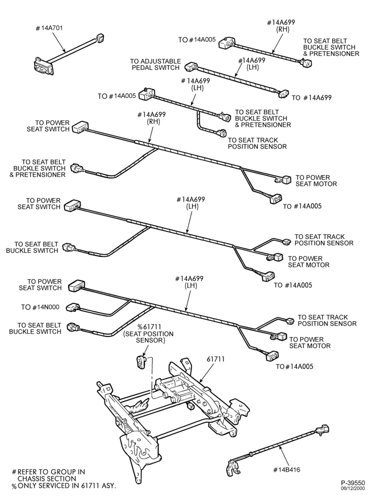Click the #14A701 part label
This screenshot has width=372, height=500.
pyautogui.click(x=49, y=28)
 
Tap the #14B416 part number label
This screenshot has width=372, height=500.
pyautogui.click(x=286, y=469)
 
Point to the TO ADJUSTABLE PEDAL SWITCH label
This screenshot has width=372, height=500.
pyautogui.click(x=155, y=64)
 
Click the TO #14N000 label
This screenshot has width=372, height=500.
pyautogui.click(x=40, y=307)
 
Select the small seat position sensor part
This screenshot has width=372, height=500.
pyautogui.click(x=140, y=362)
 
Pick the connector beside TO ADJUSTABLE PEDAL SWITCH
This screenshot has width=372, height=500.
pyautogui.click(x=191, y=66)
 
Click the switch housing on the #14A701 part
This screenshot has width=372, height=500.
pyautogui.click(x=43, y=66)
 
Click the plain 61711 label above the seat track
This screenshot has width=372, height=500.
pyautogui.click(x=216, y=359)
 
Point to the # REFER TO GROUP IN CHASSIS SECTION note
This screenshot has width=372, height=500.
pyautogui.click(x=48, y=475)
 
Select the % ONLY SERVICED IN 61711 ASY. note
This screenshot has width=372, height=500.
pyautogui.click(x=64, y=485)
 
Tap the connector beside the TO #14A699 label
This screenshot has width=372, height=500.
pyautogui.click(x=282, y=94)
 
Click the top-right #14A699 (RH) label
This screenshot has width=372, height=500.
pyautogui.click(x=281, y=26)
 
